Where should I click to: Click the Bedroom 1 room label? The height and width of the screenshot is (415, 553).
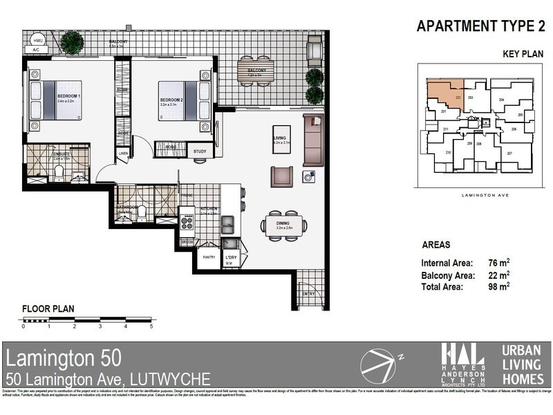pos(68,95)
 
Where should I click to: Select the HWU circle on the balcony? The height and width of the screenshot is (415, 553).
pos(37,40)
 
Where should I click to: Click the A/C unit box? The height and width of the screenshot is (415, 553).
pos(35,50)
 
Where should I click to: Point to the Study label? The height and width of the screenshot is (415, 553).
pos(200,151)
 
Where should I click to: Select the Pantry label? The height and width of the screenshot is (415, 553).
pos(209,257)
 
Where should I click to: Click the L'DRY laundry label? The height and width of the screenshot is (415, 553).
pos(231,257)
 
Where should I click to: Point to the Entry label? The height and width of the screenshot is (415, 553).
pos(308,293)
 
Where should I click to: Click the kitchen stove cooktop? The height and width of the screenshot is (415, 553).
pos(187,223)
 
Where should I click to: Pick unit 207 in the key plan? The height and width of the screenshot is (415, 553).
pos(509,153)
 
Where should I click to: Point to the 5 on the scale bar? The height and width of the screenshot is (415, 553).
pos(151,326)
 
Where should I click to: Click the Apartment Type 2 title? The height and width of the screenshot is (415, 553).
pos(476,27)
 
